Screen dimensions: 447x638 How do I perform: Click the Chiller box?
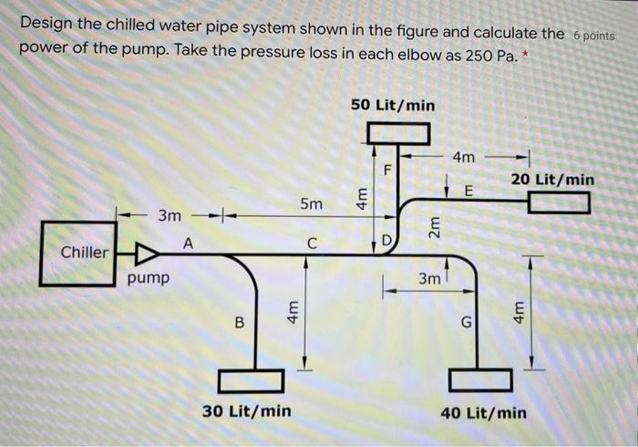coord(84,252)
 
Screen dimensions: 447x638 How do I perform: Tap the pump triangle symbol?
coord(146,253)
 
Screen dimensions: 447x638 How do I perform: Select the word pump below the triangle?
coord(148,276)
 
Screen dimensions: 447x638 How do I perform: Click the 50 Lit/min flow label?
coord(393,106)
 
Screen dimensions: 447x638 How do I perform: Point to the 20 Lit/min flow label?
coord(552,180)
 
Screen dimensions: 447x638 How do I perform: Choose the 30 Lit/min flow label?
coord(247,411)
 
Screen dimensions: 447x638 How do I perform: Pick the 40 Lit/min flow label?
coord(483,412)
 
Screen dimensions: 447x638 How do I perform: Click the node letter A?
coord(189,243)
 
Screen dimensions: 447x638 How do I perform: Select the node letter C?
coord(312,244)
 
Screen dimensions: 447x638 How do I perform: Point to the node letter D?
coord(386,242)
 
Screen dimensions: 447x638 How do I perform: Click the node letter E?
coord(469,192)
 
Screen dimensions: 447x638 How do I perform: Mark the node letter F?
coord(386,170)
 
